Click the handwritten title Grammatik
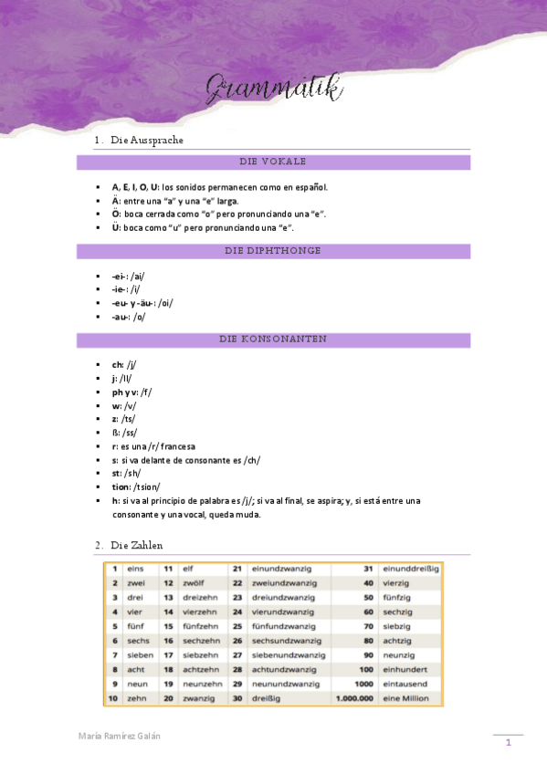pyautogui.click(x=274, y=89)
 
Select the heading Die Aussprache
pyautogui.click(x=147, y=141)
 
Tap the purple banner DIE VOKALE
pyautogui.click(x=273, y=162)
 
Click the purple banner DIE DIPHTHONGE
pyautogui.click(x=273, y=250)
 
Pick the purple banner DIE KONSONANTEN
pyautogui.click(x=273, y=340)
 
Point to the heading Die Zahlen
pyautogui.click(x=136, y=545)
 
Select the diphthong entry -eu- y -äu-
pyautogui.click(x=142, y=303)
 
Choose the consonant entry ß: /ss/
pyautogui.click(x=124, y=433)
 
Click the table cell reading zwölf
pyautogui.click(x=195, y=582)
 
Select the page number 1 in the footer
pyautogui.click(x=508, y=744)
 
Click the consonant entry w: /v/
pyautogui.click(x=125, y=405)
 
